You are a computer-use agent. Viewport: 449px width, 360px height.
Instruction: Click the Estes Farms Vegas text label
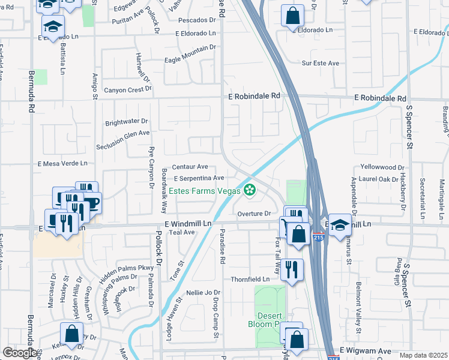(203, 191)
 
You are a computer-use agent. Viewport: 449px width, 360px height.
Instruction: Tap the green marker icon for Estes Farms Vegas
(249, 191)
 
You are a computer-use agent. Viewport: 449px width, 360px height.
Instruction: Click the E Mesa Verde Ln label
(62, 163)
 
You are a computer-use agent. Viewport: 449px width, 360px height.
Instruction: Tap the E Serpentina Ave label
(199, 178)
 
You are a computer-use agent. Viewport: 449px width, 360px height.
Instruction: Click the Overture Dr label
(255, 214)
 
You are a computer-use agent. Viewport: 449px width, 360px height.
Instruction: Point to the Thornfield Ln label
(250, 280)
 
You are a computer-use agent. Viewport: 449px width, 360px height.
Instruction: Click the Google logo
(20, 353)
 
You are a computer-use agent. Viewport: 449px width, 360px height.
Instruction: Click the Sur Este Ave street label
(321, 63)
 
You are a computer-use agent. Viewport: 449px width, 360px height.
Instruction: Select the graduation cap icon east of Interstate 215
(340, 224)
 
